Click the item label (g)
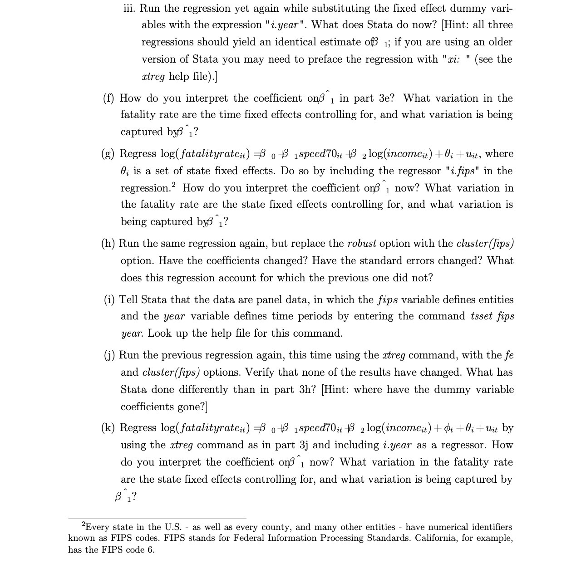coord(109,153)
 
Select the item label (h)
coord(108,244)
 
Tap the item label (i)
coord(109,300)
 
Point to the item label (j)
coord(109,355)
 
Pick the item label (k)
coord(109,428)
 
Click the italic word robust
coord(362,244)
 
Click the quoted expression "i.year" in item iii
coord(287,25)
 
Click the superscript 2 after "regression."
coord(174,185)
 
